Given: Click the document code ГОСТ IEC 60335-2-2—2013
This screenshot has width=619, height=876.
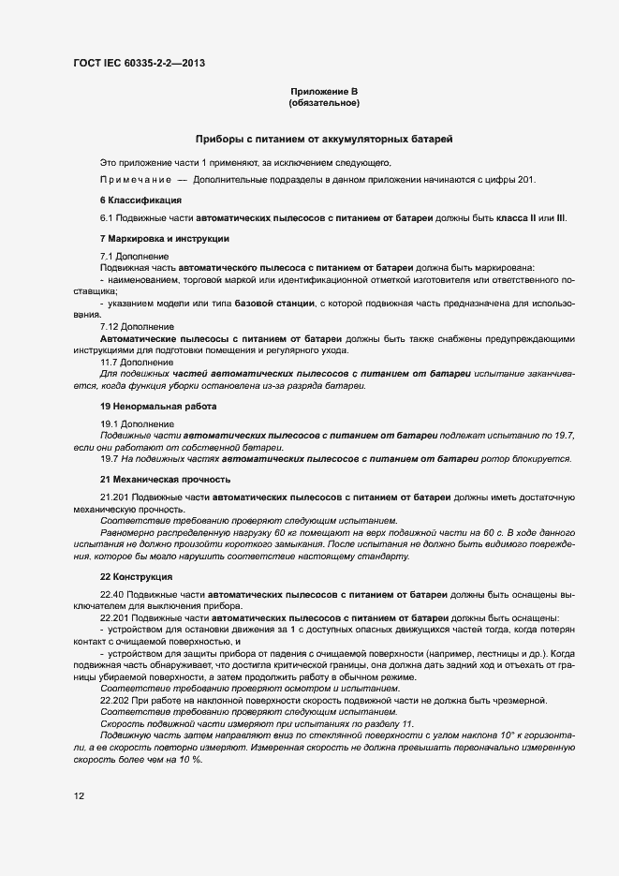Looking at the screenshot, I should [139, 64].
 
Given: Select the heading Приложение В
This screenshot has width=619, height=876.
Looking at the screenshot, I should [324, 91].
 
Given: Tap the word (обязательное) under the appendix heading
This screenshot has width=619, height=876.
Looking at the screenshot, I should [324, 102].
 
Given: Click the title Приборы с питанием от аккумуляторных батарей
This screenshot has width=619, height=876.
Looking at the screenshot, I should [324, 139].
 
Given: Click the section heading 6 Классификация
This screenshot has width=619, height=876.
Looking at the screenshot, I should [140, 200].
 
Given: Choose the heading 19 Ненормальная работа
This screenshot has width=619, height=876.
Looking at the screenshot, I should [157, 406].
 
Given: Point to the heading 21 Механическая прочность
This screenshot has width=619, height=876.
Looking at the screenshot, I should [165, 479].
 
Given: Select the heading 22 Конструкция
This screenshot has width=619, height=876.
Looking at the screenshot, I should [137, 576].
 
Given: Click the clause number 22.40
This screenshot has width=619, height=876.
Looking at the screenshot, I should [112, 594].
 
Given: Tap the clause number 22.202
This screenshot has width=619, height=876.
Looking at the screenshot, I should [115, 702].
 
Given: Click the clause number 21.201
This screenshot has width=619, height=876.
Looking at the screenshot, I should [115, 497].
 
